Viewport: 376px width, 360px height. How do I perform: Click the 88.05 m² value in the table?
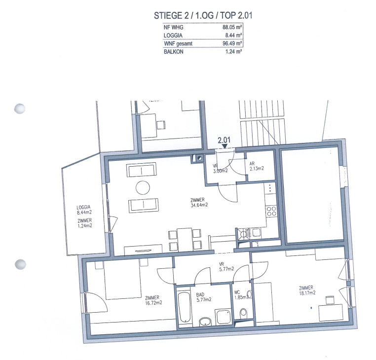point(232,27)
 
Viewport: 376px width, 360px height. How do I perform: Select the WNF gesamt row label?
point(178,44)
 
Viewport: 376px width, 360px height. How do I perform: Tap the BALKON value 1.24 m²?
point(233,51)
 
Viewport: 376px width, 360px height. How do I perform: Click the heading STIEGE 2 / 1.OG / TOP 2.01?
point(203,16)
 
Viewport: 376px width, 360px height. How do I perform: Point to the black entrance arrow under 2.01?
point(225,146)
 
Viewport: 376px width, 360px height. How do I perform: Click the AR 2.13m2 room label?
point(257,166)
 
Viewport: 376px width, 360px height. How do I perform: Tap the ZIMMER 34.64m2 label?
point(199,202)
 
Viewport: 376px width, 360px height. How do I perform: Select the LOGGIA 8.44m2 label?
point(84,210)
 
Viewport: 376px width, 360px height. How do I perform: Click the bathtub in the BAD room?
point(185,307)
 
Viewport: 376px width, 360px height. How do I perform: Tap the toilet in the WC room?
point(243,313)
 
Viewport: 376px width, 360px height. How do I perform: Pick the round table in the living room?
point(143,187)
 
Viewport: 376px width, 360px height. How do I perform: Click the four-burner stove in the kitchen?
point(271,212)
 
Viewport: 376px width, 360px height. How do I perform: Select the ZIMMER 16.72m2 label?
point(153,300)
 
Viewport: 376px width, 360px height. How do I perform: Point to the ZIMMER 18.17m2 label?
point(307,290)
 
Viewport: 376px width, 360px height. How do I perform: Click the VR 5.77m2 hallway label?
point(226,266)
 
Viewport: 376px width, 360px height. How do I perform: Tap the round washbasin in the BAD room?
point(205,322)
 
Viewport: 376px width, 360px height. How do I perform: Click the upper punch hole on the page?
point(20,108)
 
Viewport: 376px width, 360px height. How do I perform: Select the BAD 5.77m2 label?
point(204,297)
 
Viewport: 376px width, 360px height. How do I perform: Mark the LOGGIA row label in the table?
point(173,36)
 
